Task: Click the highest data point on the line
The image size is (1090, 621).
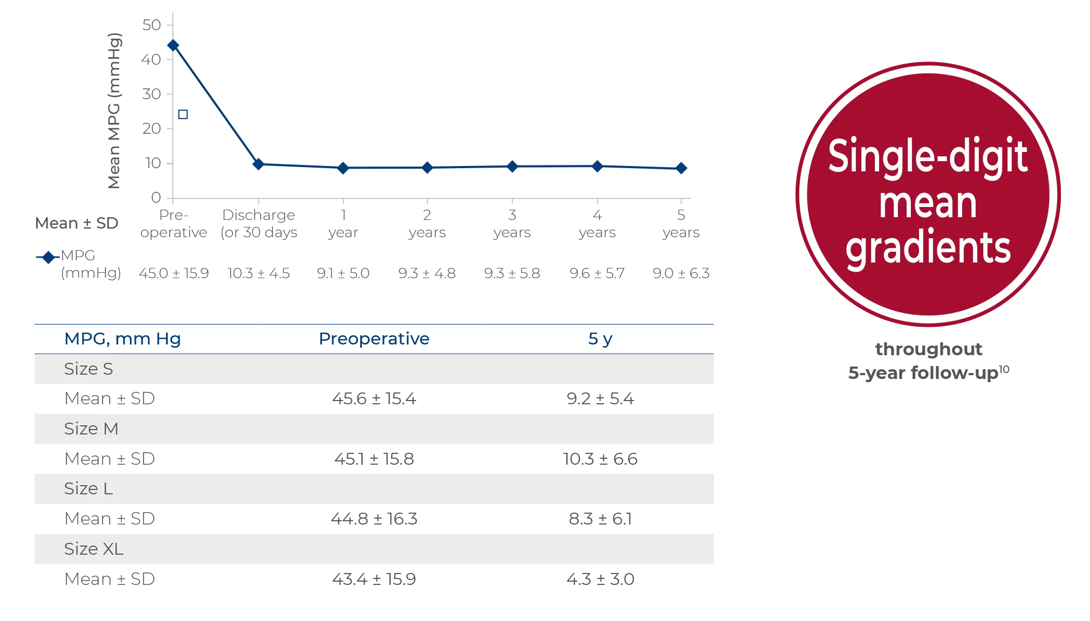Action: click(x=173, y=45)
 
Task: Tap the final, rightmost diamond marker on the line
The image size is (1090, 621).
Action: click(x=681, y=168)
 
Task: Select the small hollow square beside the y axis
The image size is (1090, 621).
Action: click(x=183, y=114)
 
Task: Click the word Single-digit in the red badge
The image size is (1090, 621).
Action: click(x=928, y=156)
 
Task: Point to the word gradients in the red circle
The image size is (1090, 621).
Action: click(x=928, y=248)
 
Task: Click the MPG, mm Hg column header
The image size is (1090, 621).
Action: click(x=122, y=339)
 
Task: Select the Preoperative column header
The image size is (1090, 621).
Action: click(x=374, y=339)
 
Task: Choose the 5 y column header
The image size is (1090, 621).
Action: click(x=600, y=339)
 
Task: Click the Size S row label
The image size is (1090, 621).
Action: click(x=88, y=369)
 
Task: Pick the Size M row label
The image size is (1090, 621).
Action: click(x=91, y=429)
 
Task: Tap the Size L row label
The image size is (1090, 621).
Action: click(x=88, y=488)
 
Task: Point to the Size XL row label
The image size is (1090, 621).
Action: click(x=94, y=549)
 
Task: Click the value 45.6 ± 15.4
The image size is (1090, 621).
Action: click(x=374, y=398)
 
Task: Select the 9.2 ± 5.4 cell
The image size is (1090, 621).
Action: click(x=600, y=398)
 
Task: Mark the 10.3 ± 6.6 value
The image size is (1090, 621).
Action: click(x=600, y=459)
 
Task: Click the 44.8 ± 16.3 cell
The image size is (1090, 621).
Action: click(x=374, y=519)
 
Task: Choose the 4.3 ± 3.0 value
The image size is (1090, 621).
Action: click(x=600, y=579)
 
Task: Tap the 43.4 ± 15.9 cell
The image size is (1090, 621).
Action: click(x=374, y=579)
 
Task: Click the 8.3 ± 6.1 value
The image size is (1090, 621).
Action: click(x=600, y=519)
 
